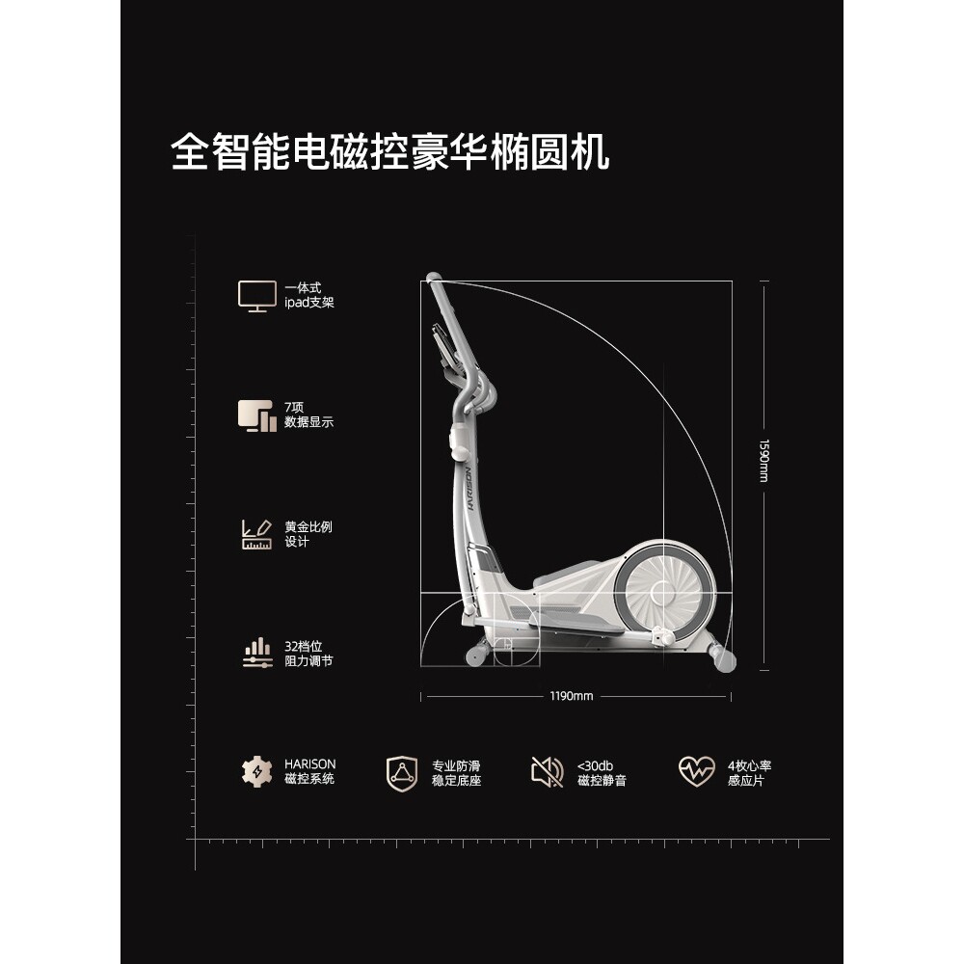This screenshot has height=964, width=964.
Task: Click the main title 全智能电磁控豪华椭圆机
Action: [x=390, y=151]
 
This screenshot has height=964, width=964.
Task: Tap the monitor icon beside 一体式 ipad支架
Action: [x=256, y=295]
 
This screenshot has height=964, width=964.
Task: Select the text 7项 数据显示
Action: [x=308, y=415]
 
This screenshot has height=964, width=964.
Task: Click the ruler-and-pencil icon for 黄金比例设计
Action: [x=256, y=534]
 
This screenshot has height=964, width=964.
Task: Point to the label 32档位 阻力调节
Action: [x=308, y=654]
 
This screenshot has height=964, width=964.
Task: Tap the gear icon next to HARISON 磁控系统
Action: [x=256, y=771]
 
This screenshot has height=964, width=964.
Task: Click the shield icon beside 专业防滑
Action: [x=403, y=771]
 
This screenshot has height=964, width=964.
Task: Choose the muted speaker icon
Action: [x=548, y=771]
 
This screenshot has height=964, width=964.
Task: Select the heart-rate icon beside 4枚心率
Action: [x=696, y=771]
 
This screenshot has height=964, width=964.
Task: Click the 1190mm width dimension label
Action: [x=573, y=696]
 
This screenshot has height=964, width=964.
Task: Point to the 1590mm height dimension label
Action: [x=763, y=462]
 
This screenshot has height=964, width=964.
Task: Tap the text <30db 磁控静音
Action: [x=602, y=772]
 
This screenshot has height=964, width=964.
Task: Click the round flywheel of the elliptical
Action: [x=665, y=587]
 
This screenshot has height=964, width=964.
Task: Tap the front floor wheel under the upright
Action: [x=476, y=656]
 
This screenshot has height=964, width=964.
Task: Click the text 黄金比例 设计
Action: [x=308, y=534]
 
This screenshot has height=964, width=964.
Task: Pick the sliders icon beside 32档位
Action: [x=256, y=654]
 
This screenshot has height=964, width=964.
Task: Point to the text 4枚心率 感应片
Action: [x=749, y=772]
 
